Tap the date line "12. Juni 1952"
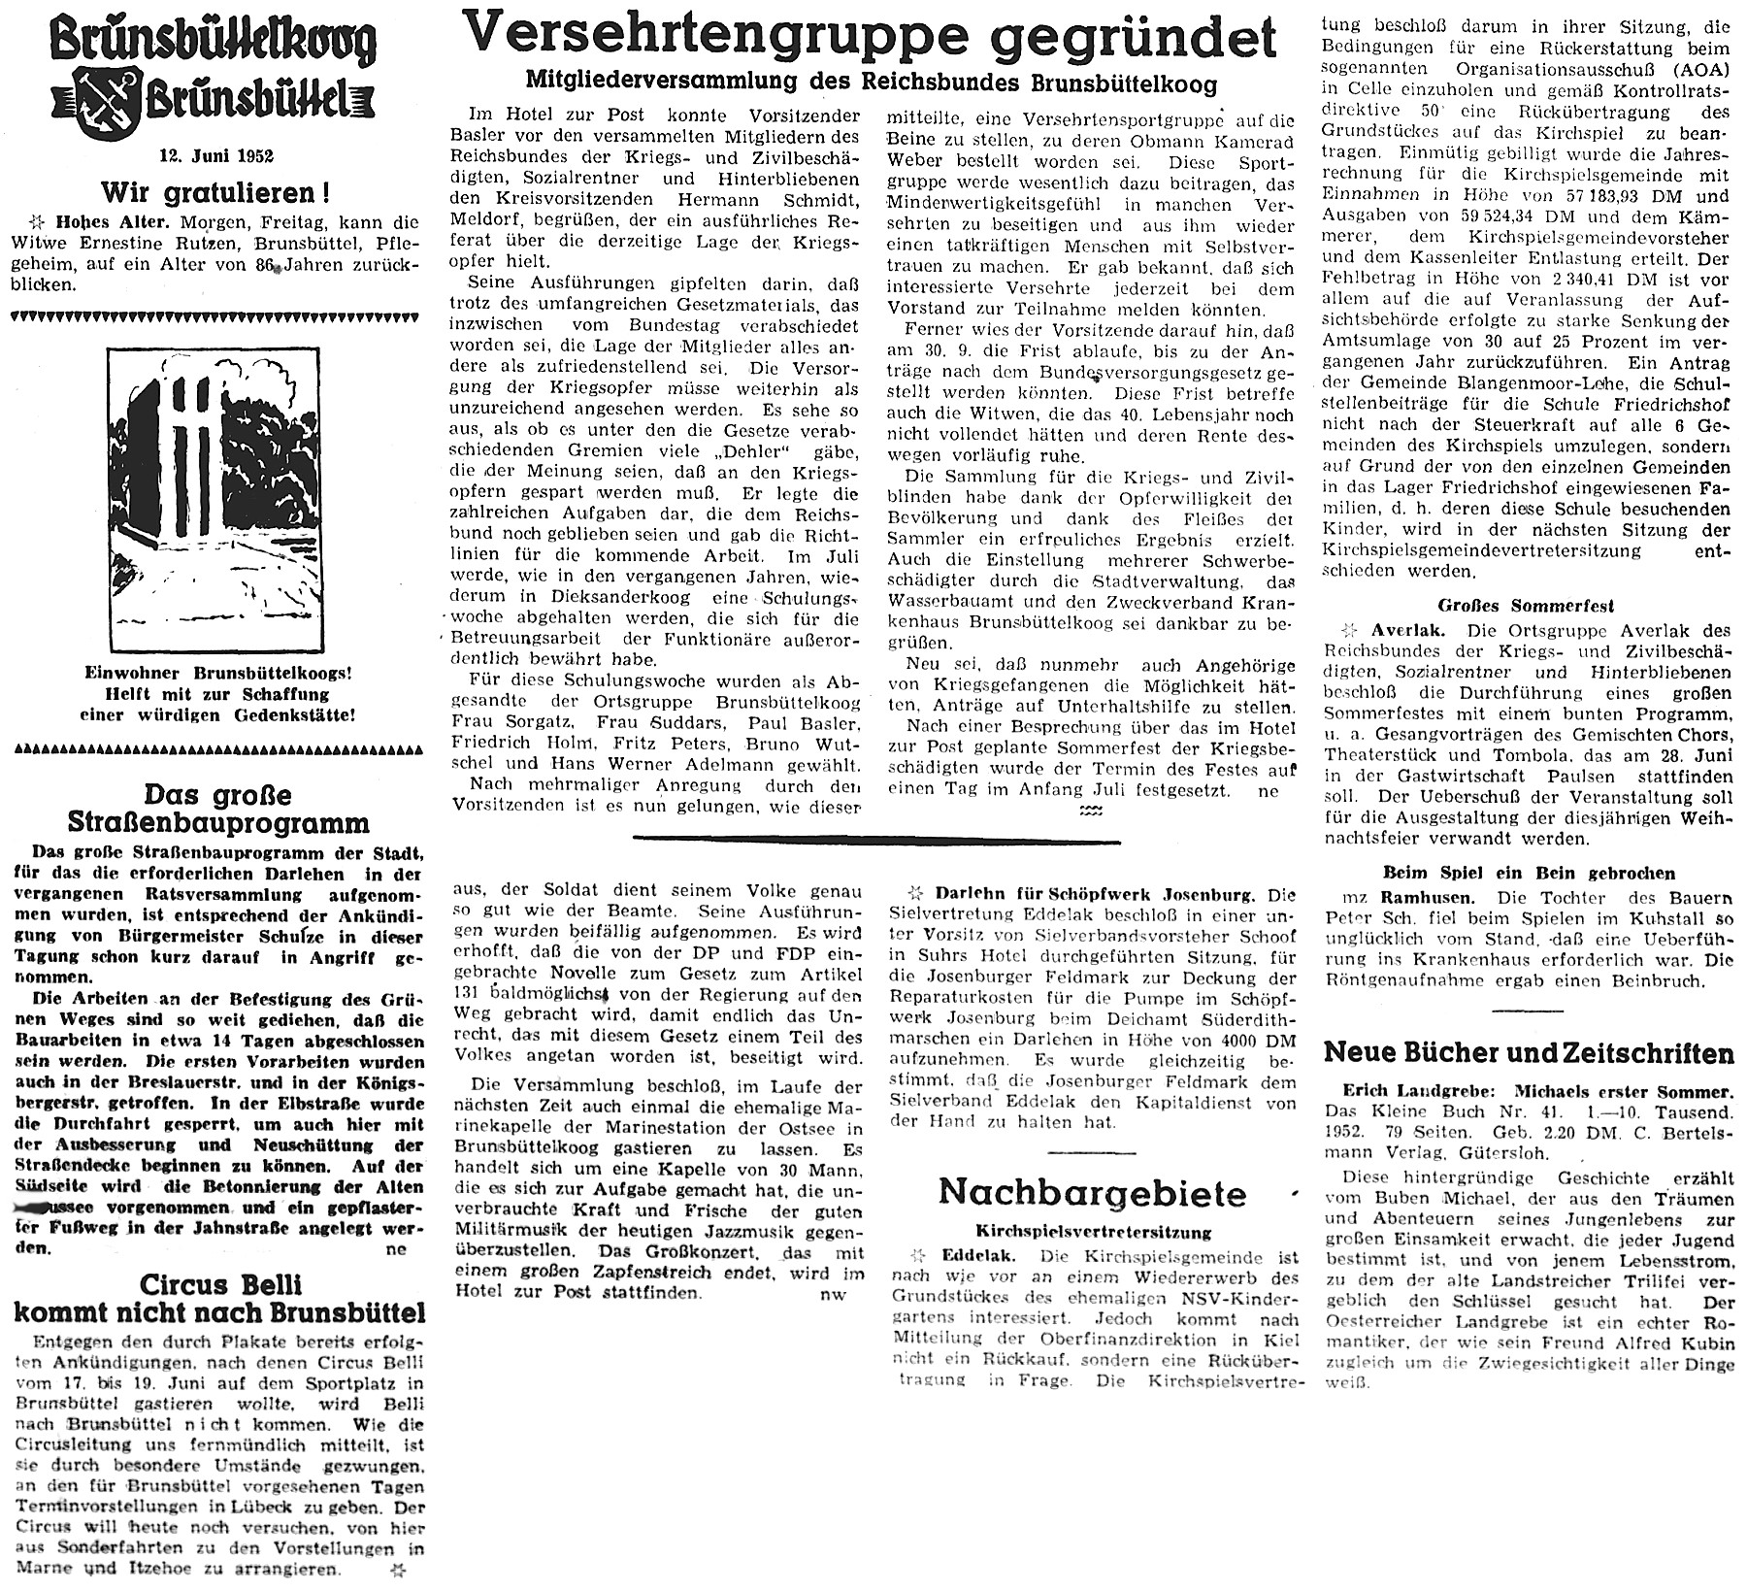[x=217, y=156]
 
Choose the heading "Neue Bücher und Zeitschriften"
[x=1529, y=1053]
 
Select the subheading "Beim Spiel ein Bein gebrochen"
[x=1528, y=874]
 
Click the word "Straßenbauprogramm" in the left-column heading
[x=217, y=823]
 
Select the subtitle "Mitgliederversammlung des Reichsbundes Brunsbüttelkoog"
[x=870, y=83]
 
